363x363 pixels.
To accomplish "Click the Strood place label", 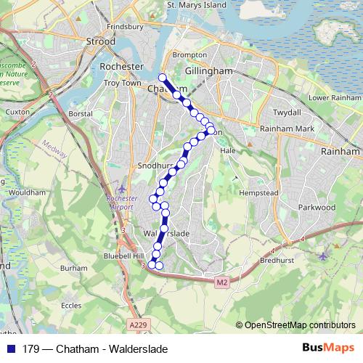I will [100, 42].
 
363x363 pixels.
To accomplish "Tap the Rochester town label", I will [122, 66].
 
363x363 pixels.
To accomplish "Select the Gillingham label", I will [208, 71].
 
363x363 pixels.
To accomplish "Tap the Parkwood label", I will [317, 207].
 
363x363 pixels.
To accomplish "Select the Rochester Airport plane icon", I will [121, 190].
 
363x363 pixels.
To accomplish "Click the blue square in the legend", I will [10, 349].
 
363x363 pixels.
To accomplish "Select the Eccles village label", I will [71, 306].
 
